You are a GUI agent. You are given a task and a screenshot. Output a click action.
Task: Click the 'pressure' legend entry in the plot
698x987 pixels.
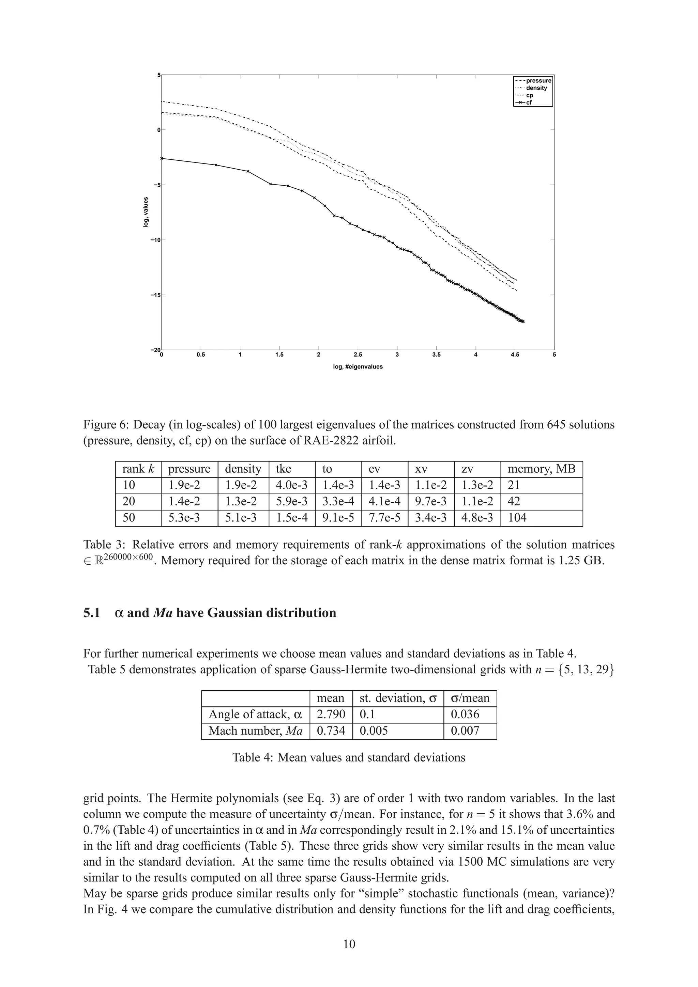tap(538, 80)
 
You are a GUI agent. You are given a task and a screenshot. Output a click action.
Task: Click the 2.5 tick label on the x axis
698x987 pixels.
tap(358, 355)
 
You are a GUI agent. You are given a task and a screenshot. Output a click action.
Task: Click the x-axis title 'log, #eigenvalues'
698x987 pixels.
tap(358, 367)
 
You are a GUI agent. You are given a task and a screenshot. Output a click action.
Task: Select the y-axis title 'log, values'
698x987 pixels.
tap(146, 213)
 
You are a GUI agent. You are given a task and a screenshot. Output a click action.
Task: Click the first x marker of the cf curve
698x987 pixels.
tap(162, 158)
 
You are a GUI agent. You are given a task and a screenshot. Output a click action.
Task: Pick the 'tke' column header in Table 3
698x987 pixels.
tap(284, 469)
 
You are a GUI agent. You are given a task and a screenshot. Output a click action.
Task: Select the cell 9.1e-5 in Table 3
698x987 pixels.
tap(338, 518)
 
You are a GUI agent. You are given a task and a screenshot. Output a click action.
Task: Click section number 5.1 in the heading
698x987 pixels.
tap(92, 613)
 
